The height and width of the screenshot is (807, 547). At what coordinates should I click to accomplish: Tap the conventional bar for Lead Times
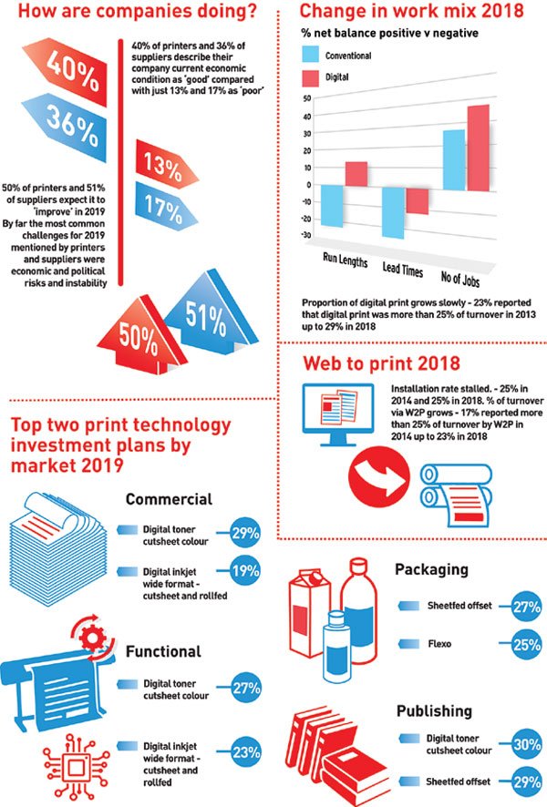(393, 212)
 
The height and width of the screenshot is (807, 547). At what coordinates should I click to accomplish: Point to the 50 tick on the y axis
(306, 97)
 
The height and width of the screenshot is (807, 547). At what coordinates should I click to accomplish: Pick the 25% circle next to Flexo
(527, 644)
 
